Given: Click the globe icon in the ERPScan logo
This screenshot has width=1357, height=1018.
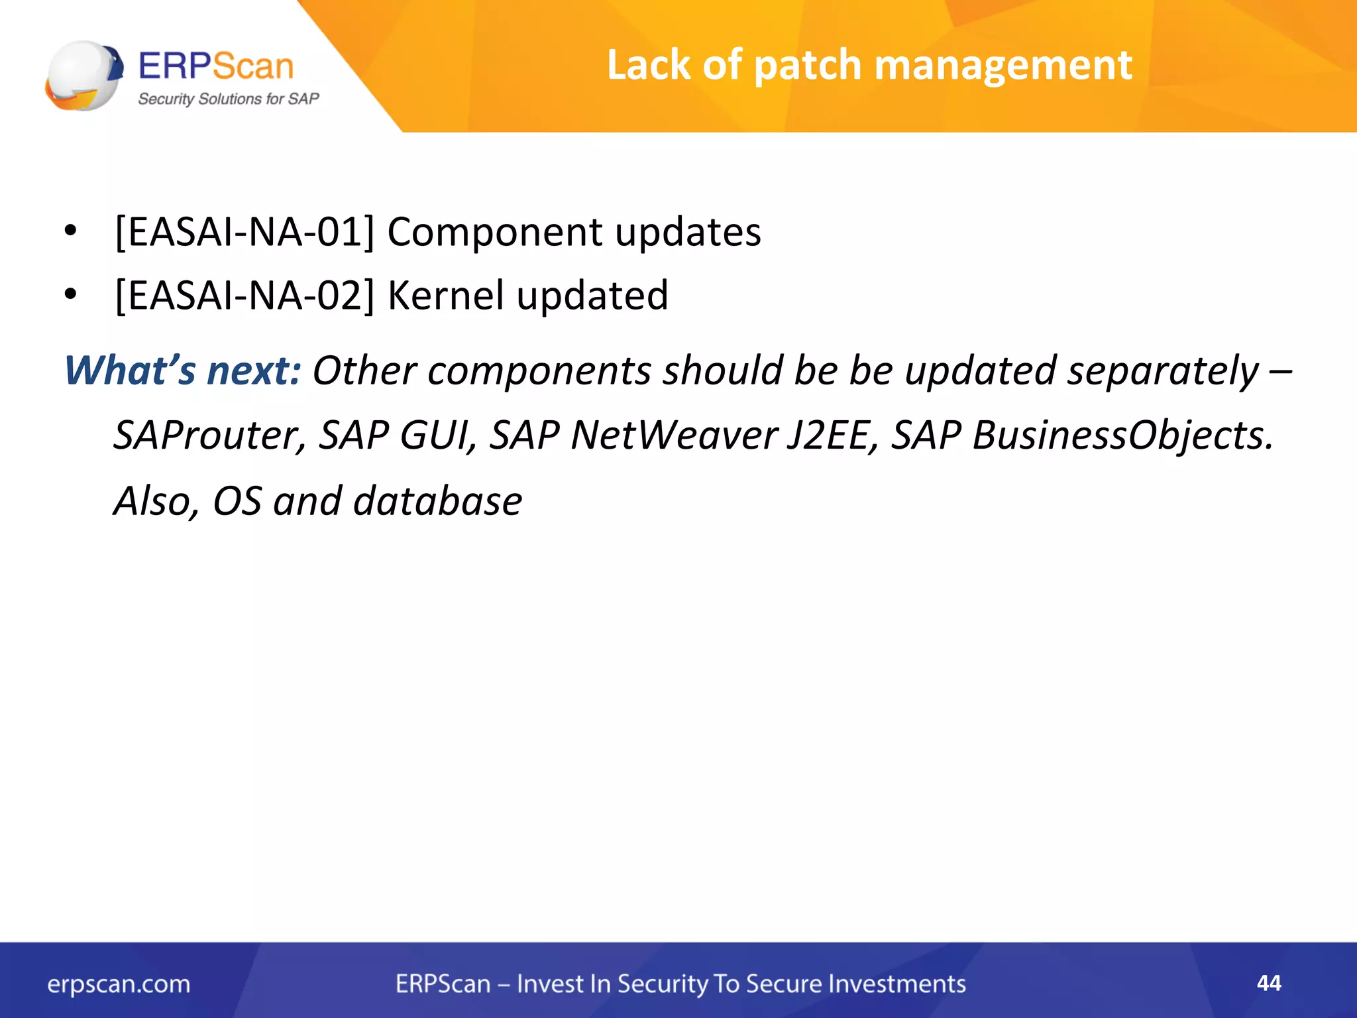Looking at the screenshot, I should coord(83,75).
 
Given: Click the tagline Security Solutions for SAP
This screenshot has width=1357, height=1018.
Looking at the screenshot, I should coord(228,99).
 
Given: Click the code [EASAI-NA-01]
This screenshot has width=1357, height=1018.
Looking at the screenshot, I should coord(244,233).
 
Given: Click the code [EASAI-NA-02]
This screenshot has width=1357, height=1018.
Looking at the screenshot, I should coord(244,296).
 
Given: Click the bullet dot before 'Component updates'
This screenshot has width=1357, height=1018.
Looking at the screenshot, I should coord(71,232).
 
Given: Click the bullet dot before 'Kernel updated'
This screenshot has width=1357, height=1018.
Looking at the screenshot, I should coord(71,295).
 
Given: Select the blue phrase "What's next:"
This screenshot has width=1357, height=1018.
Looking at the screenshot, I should coord(183,370).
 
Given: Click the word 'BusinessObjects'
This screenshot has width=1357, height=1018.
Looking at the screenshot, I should coord(1122,435).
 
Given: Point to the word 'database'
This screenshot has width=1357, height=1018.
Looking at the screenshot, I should coord(437,501).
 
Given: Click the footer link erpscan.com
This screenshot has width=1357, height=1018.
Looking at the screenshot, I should coord(119,984).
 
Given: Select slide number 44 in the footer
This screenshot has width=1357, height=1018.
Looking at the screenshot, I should coord(1269,983).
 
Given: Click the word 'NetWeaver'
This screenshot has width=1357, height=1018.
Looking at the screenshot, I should coord(674,435).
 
